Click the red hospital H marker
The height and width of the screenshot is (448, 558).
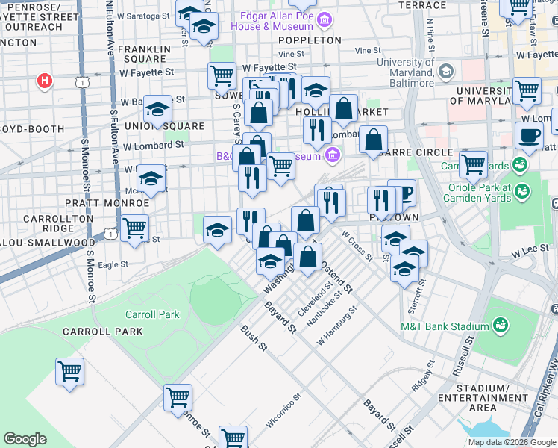coord(45,80)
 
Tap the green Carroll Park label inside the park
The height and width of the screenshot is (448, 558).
coord(152,314)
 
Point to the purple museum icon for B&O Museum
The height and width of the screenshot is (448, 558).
coord(332,156)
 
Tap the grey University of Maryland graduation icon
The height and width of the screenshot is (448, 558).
coord(446,71)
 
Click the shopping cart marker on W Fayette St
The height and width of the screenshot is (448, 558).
coord(222,75)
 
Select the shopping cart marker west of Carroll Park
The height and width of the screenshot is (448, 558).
coord(69,370)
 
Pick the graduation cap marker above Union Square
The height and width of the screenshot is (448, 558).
coord(157,110)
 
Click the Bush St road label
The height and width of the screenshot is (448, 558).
coord(254,337)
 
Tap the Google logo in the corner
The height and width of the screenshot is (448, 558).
coord(25,439)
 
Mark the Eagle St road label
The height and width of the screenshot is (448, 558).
coord(113,264)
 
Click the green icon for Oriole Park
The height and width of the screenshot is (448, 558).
coord(521,191)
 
